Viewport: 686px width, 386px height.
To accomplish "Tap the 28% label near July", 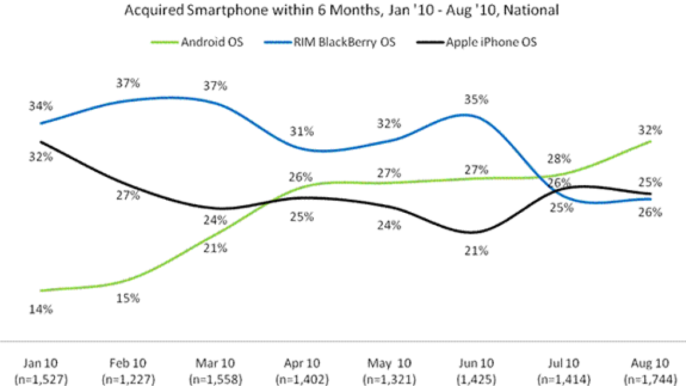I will [x=559, y=158].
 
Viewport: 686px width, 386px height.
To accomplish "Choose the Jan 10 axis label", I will [x=42, y=363].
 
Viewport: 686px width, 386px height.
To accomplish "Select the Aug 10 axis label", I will [x=651, y=363].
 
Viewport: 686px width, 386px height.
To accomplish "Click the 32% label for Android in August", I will [x=651, y=130].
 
